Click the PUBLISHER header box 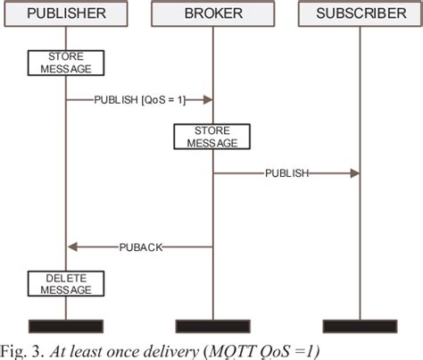click(66, 14)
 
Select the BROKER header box click(212, 14)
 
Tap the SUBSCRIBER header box click(359, 14)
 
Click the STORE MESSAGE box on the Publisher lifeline click(66, 63)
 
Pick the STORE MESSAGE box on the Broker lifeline click(212, 137)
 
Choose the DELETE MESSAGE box click(66, 284)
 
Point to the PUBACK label click(140, 247)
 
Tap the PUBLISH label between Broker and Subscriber click(286, 173)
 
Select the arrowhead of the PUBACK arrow click(73, 247)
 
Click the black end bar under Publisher click(66, 325)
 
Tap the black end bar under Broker click(212, 325)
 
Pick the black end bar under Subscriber click(359, 325)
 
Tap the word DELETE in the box click(66, 279)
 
